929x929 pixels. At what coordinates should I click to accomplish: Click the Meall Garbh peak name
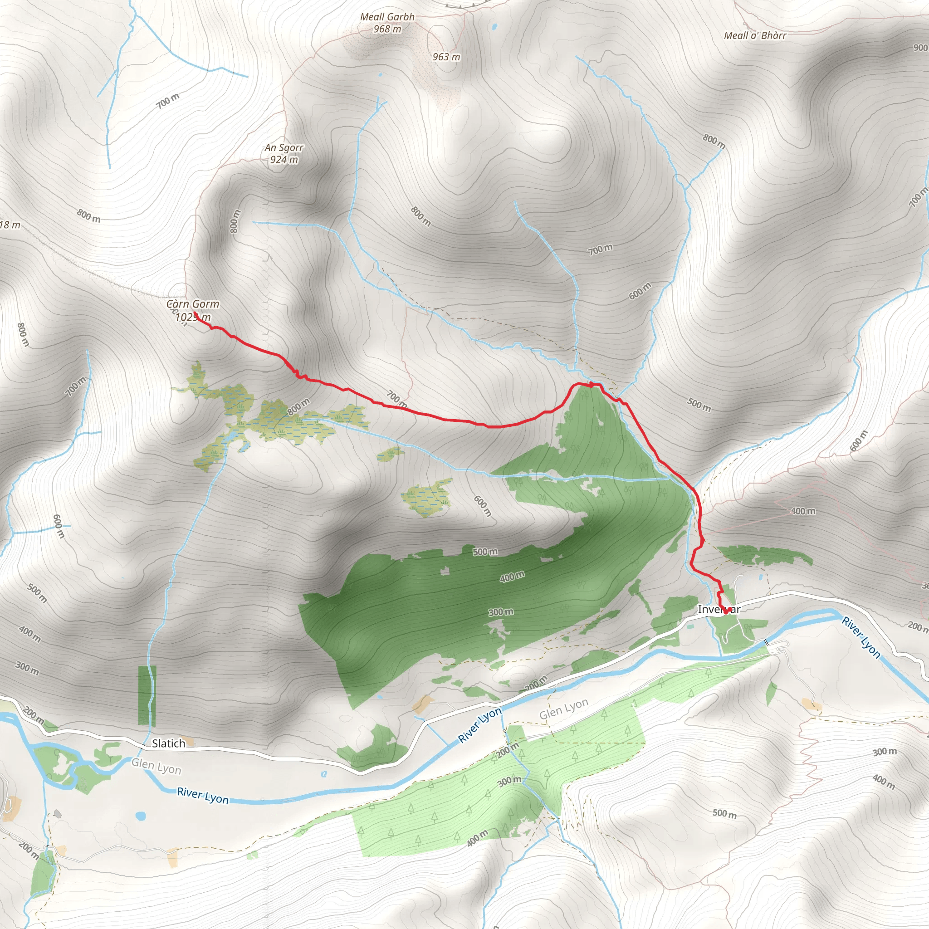387,17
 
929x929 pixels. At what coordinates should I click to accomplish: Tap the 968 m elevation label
387,29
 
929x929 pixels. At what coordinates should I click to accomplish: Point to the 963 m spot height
446,57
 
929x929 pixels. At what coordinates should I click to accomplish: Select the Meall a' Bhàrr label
755,35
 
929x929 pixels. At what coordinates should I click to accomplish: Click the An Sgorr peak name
284,147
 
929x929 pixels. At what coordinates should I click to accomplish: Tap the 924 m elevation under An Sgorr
284,160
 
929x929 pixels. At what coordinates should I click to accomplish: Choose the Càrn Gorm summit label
192,304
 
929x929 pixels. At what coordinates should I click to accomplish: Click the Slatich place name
168,743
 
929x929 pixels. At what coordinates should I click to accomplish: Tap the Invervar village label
719,609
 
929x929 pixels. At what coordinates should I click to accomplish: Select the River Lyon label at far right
861,638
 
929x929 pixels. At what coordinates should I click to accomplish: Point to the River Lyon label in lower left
202,795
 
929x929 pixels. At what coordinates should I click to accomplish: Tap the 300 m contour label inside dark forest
501,612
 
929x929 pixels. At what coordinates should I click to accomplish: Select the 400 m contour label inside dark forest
512,577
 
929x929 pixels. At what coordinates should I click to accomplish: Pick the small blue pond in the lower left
141,816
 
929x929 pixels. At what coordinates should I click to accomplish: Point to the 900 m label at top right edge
920,48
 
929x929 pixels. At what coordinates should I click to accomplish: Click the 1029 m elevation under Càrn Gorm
193,317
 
